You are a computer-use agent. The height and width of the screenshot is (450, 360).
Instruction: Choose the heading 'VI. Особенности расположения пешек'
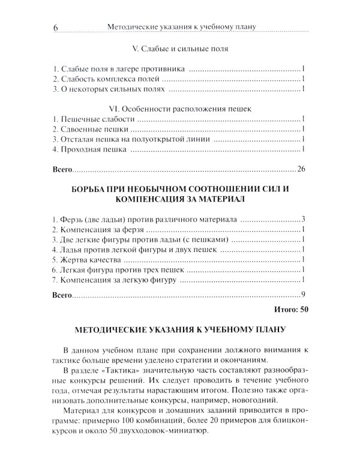pos(179,109)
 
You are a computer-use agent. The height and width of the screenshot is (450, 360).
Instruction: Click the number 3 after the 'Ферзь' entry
pos(304,219)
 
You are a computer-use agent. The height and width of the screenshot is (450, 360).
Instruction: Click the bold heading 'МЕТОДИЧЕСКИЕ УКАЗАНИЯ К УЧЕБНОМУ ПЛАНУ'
pos(179,329)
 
